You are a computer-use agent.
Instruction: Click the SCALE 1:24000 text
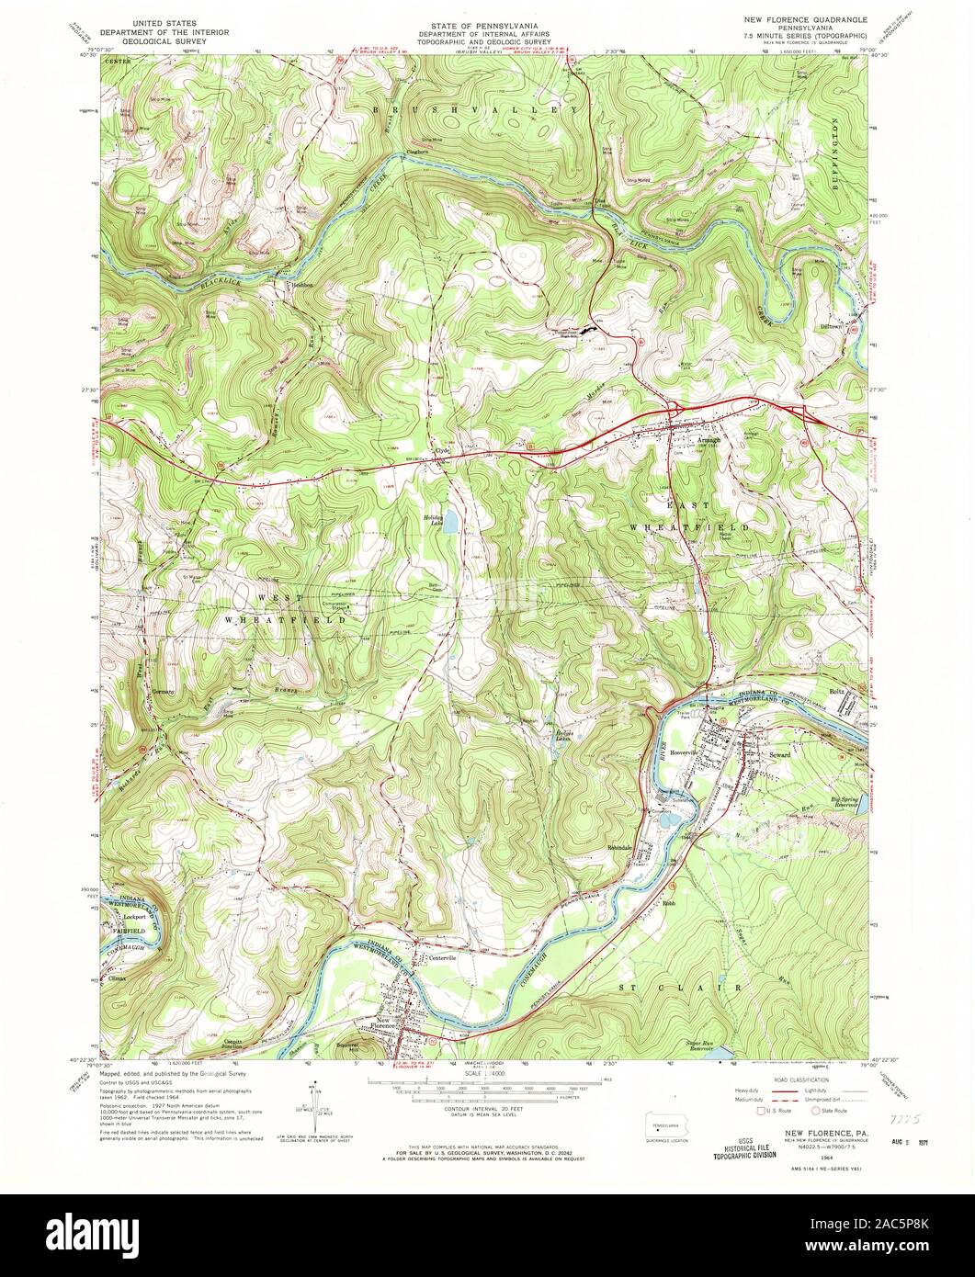coord(484,1072)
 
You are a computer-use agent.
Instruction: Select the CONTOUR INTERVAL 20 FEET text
coord(484,1109)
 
